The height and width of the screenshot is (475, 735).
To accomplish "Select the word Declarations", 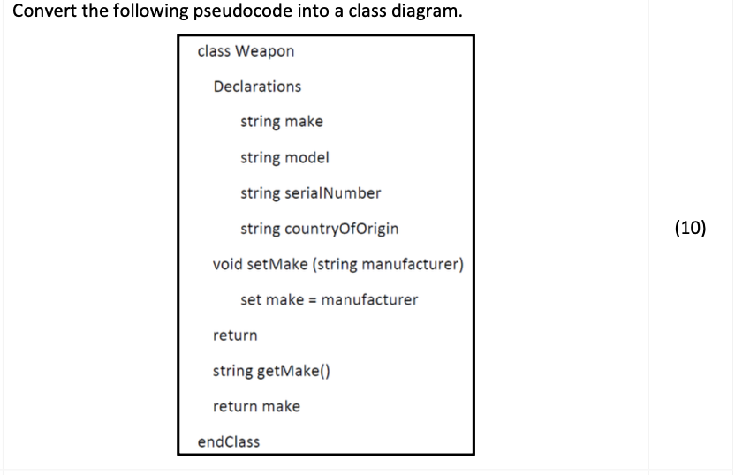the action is click(256, 87).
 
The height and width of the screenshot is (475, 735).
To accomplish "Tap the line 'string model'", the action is click(284, 158).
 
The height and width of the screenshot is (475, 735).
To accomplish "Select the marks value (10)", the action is click(690, 229).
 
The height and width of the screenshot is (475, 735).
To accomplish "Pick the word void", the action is click(227, 265).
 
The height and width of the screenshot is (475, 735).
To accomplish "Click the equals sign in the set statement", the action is click(312, 300).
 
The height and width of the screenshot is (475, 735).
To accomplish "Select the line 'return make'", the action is click(256, 406).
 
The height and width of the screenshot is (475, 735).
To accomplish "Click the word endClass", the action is click(228, 441).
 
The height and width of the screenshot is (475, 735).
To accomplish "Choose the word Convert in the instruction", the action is click(40, 12).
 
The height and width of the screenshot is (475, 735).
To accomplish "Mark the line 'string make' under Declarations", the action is click(281, 122).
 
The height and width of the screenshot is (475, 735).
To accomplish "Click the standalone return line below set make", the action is click(235, 336).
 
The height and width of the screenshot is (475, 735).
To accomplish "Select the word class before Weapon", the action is click(213, 51).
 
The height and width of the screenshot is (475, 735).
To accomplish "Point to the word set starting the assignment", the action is click(251, 300).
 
